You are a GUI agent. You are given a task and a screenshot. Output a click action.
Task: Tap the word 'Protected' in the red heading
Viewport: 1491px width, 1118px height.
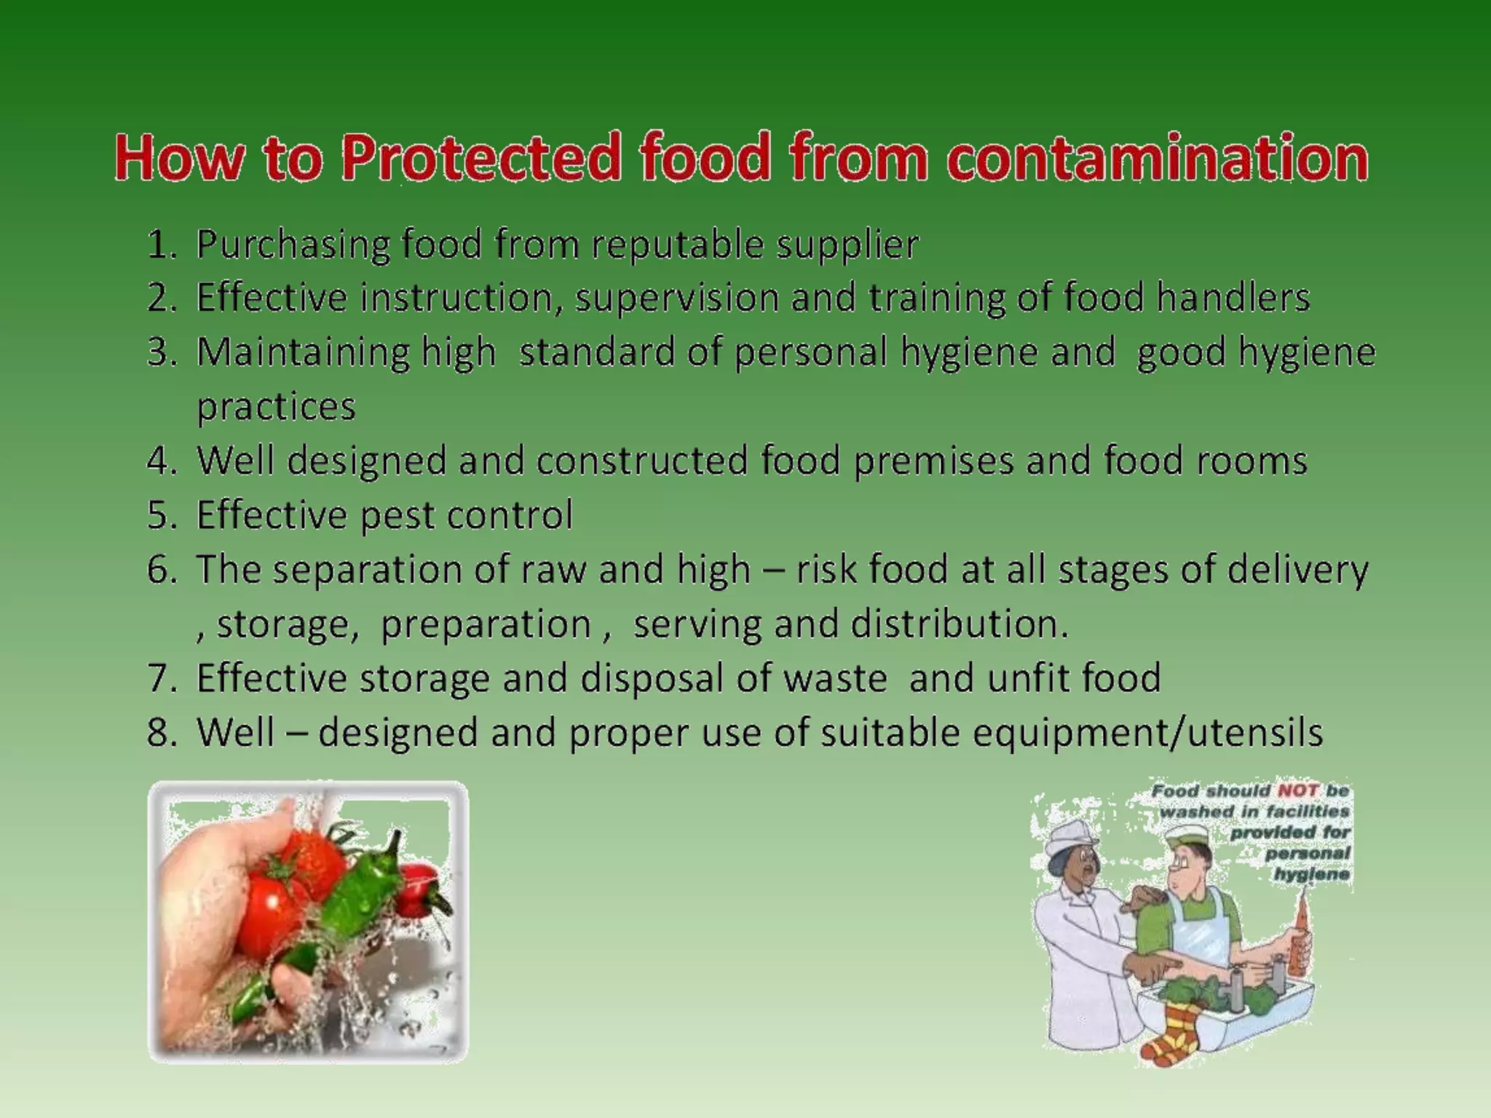click(x=480, y=158)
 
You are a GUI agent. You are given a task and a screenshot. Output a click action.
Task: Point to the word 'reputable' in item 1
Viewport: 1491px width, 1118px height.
click(x=677, y=245)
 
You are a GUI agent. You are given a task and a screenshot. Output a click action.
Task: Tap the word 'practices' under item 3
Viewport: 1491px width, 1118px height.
click(x=276, y=406)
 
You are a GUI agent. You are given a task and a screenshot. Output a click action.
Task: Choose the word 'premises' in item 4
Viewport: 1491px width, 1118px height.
click(x=933, y=461)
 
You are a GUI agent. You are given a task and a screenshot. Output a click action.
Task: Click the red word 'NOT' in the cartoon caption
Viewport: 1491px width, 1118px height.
click(x=1297, y=790)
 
